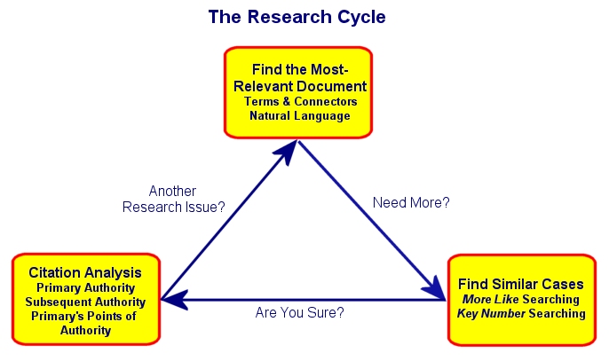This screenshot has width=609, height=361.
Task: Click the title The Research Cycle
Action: pos(297,17)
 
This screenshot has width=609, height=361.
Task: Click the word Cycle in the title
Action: pos(361,18)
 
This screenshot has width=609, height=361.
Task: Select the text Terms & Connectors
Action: pos(301,101)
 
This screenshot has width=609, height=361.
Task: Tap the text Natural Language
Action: pos(300,115)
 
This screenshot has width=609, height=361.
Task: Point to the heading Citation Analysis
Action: pos(85,272)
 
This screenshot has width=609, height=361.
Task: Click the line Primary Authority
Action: pos(85,288)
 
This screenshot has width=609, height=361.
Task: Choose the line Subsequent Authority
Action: pos(85,302)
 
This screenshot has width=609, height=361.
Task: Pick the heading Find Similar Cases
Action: pos(521,284)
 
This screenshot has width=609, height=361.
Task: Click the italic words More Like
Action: pos(491,299)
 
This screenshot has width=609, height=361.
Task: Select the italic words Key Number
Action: pos(491,314)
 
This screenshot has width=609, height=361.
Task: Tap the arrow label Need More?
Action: pos(411,202)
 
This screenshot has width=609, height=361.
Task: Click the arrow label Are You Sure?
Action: pos(299,312)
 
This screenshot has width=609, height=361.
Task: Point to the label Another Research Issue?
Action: pos(174,200)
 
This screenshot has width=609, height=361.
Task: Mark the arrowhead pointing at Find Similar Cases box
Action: pos(434,288)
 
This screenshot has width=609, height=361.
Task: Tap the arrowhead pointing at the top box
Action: pos(288,152)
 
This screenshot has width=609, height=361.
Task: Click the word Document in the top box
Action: pos(331,86)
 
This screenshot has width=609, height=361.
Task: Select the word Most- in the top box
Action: pos(329,69)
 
